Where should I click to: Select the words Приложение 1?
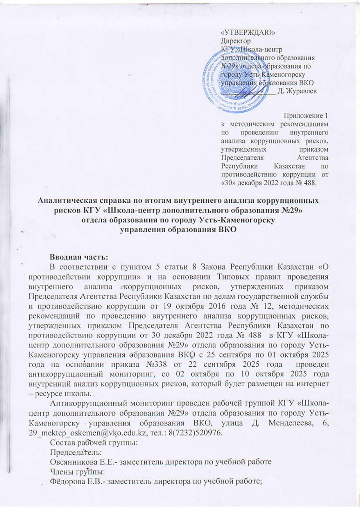[306, 116]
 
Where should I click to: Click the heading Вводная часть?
[79, 257]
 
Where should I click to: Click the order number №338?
[160, 364]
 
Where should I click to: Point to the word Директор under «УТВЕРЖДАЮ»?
[236, 41]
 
